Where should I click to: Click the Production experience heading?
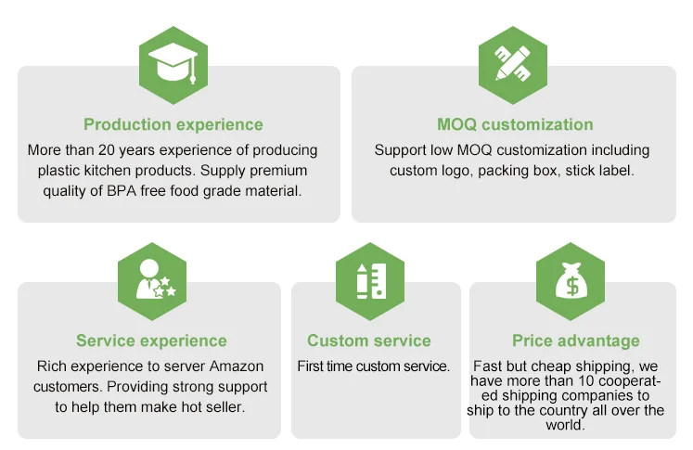[173, 124]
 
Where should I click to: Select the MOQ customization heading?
[515, 124]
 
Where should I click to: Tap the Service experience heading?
[151, 341]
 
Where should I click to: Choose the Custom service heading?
[369, 341]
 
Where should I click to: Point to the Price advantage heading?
[575, 341]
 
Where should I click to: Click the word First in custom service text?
[311, 366]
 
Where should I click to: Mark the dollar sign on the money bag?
[571, 286]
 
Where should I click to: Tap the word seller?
[224, 406]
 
